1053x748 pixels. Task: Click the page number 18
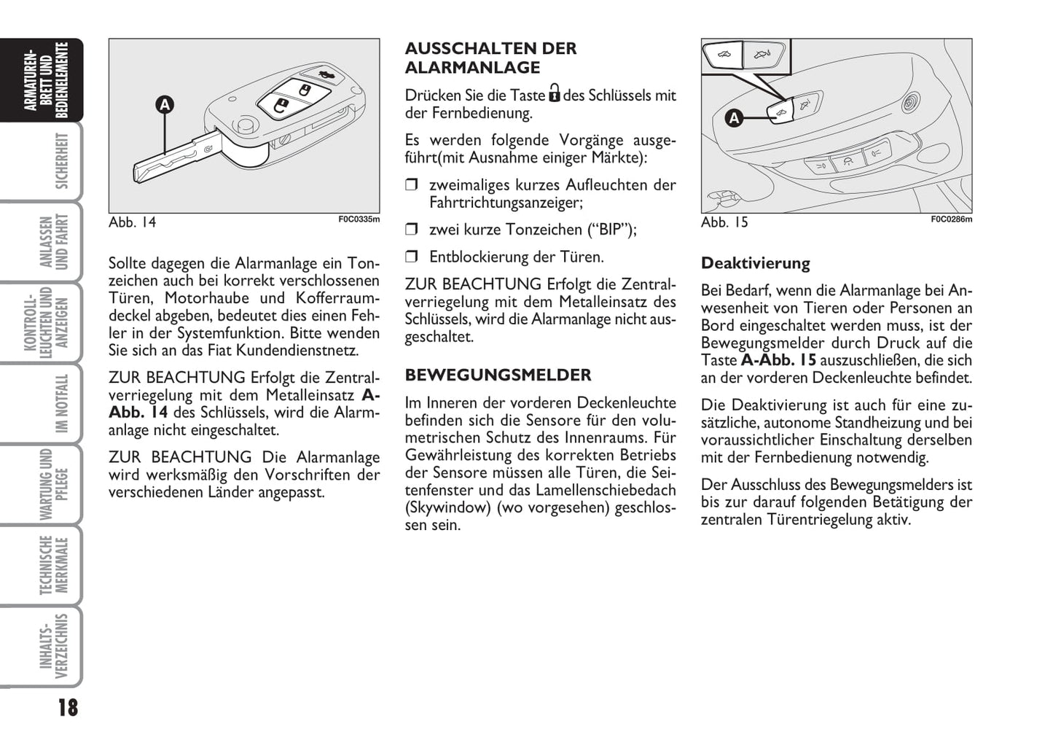[67, 708]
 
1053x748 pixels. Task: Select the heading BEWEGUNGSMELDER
[498, 375]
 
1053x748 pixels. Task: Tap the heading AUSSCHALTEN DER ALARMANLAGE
[490, 58]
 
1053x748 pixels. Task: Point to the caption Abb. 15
[724, 222]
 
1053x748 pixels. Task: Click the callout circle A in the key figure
[165, 105]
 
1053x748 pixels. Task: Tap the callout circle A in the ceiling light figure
[735, 117]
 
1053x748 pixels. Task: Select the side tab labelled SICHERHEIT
[61, 161]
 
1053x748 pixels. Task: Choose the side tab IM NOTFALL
[61, 403]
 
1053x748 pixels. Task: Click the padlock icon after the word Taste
[555, 94]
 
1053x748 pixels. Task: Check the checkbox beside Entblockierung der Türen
[411, 257]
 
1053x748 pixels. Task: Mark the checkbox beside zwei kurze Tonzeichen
[411, 230]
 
